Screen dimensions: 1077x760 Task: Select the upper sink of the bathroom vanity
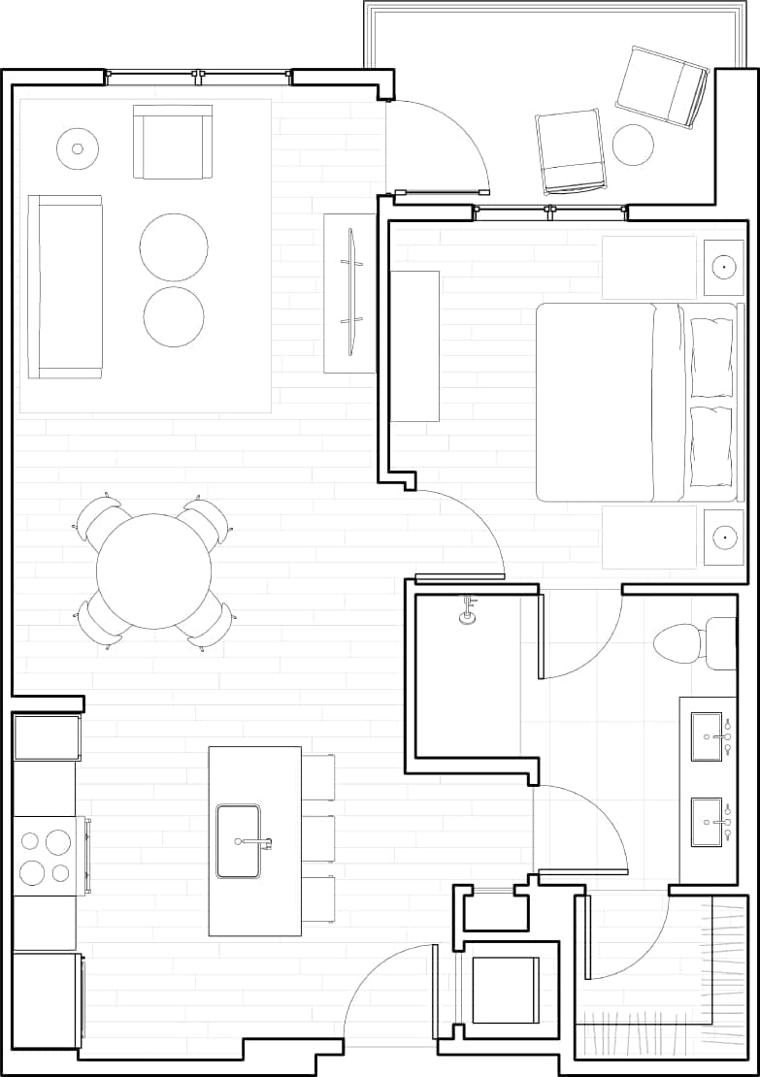click(x=707, y=737)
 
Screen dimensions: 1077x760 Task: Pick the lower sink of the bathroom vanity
click(x=707, y=822)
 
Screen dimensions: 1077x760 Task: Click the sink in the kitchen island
click(x=239, y=840)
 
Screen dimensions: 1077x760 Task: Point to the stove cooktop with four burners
click(x=45, y=856)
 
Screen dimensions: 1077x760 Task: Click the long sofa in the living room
click(x=65, y=286)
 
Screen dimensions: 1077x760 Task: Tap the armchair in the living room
click(x=173, y=142)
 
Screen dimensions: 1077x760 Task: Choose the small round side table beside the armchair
click(x=78, y=148)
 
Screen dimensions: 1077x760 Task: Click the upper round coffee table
click(x=174, y=246)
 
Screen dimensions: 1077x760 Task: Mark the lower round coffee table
click(x=174, y=317)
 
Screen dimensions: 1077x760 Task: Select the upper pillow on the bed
click(x=711, y=357)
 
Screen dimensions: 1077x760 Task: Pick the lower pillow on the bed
click(x=711, y=446)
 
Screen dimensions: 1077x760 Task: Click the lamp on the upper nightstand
click(x=723, y=266)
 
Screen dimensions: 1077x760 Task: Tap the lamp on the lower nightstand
click(x=723, y=535)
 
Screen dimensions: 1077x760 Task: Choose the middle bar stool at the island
click(x=318, y=838)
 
